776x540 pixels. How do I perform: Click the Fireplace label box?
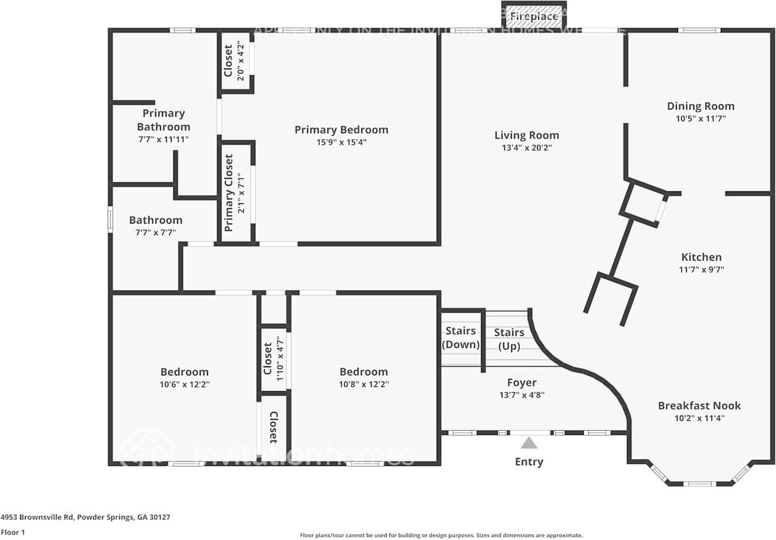point(533,16)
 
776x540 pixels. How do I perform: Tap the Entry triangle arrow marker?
point(528,443)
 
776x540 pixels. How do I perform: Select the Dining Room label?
point(701,106)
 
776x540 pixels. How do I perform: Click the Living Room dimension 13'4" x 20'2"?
point(526,148)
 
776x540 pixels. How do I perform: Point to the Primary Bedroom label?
point(341,129)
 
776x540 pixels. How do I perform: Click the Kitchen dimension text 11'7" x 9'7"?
point(701,270)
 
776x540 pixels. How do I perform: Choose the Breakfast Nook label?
point(699,405)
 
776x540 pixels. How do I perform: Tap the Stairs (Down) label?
point(460,338)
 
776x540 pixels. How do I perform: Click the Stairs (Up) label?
point(509,339)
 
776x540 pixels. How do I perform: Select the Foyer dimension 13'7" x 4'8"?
point(522,395)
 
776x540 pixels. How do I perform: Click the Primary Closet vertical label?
point(229,193)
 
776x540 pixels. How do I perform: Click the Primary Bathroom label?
point(163,120)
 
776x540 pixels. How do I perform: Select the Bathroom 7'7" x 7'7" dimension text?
point(155,233)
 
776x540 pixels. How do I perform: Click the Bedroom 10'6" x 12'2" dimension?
point(184,384)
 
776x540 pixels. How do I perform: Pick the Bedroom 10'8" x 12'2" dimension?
point(364,384)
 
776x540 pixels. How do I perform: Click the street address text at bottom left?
point(85,517)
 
